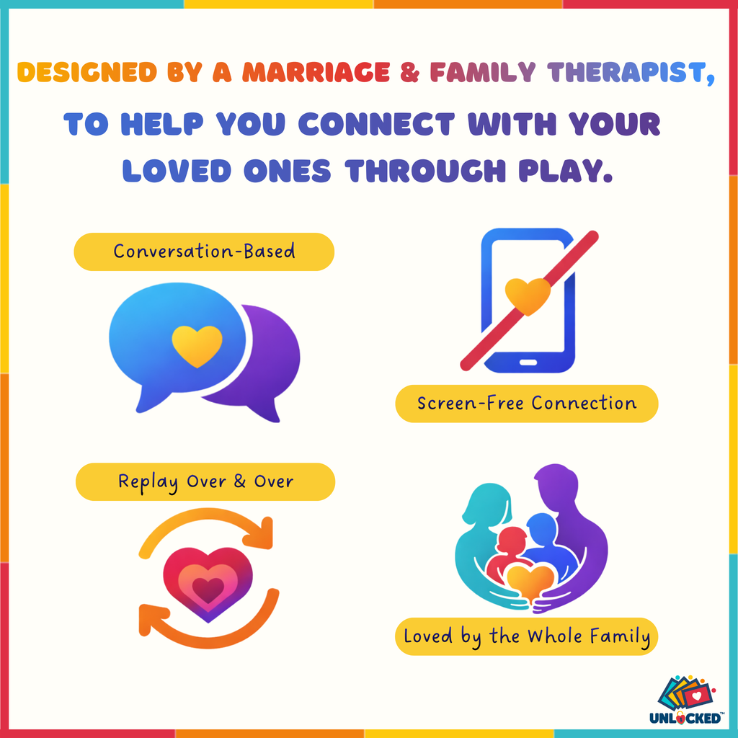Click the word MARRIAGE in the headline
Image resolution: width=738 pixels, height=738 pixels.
(x=316, y=73)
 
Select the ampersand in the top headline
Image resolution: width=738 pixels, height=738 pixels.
(x=409, y=73)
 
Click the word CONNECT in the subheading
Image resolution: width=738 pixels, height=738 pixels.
(x=376, y=124)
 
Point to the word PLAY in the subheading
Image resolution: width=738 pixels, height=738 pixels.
(x=565, y=171)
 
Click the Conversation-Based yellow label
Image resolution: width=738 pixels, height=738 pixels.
(x=204, y=252)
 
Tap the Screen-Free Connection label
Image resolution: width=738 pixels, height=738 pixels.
(x=527, y=404)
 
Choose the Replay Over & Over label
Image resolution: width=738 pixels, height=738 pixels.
(x=205, y=481)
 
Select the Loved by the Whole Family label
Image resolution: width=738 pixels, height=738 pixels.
(x=527, y=636)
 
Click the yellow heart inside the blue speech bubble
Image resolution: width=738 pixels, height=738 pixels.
(x=197, y=345)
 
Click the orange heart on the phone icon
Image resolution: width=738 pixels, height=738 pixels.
(x=528, y=295)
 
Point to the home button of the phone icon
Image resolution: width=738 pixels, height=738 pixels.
(x=528, y=363)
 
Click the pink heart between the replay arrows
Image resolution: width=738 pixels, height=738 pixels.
(x=208, y=584)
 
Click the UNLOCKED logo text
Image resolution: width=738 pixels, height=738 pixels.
(x=685, y=718)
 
